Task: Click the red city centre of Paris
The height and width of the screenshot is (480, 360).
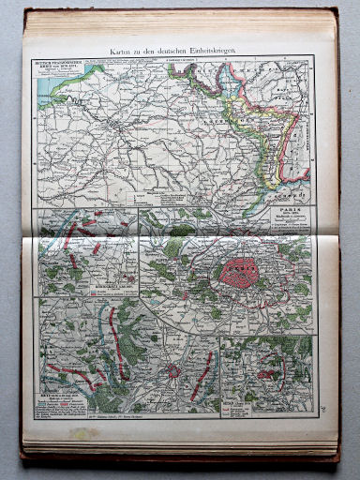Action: [240, 273]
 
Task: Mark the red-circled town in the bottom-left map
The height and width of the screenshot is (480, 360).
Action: [173, 370]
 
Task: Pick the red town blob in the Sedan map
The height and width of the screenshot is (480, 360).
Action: [267, 374]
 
